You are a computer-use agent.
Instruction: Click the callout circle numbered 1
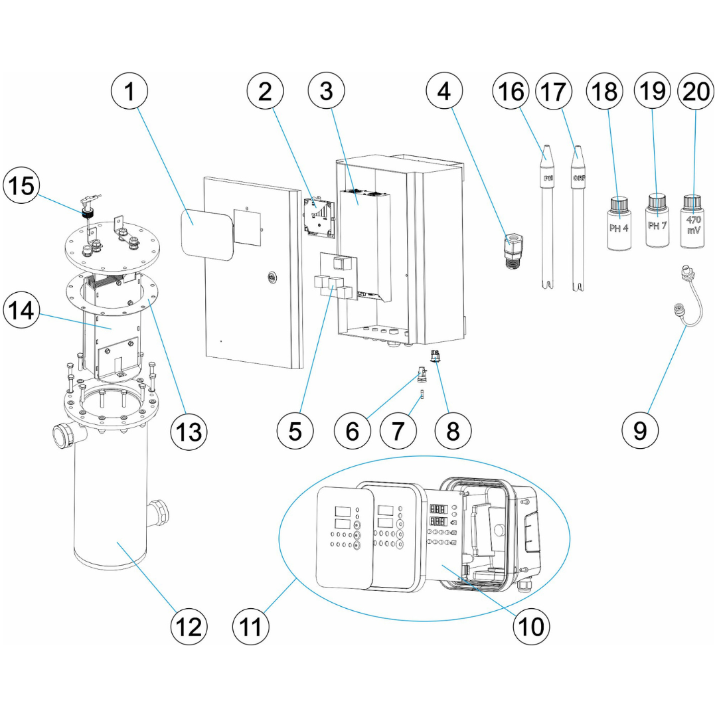click(x=131, y=92)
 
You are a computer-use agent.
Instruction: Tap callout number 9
click(x=640, y=430)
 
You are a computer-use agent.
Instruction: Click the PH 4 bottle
click(x=620, y=225)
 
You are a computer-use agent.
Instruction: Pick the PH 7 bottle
click(x=657, y=224)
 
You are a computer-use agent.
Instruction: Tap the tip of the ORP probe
click(x=578, y=150)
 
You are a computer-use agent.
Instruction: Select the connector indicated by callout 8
click(x=436, y=357)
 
